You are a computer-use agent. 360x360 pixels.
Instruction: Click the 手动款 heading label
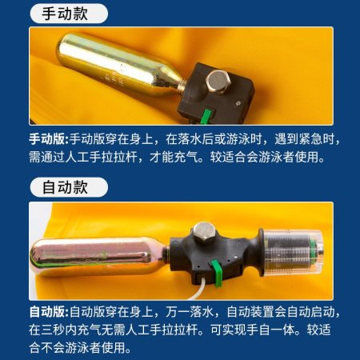pyautogui.click(x=65, y=14)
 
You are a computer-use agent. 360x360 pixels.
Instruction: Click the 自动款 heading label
pyautogui.click(x=65, y=187)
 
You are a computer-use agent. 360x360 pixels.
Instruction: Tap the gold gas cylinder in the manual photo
pyautogui.click(x=118, y=65)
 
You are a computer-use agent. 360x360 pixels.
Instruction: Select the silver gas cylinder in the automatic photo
pyautogui.click(x=99, y=256)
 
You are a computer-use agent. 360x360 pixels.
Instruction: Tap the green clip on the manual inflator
pyautogui.click(x=206, y=116)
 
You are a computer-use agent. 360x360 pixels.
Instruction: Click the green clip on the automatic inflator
pyautogui.click(x=217, y=274)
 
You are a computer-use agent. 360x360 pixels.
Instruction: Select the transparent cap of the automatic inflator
pyautogui.click(x=293, y=253)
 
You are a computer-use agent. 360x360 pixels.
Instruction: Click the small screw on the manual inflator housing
pyautogui.click(x=238, y=102)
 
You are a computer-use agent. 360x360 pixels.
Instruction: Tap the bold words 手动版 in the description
pyautogui.click(x=46, y=139)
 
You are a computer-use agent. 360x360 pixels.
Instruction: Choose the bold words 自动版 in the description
pyautogui.click(x=46, y=312)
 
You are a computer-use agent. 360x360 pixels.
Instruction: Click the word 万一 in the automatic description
pyautogui.click(x=178, y=312)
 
